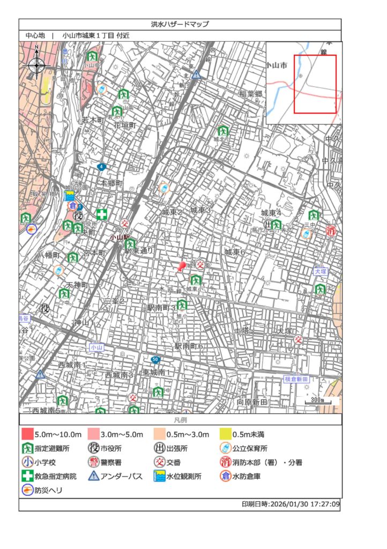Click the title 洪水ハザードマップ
180,24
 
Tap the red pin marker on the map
182,266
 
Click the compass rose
36,65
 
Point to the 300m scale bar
318,401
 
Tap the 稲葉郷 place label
251,93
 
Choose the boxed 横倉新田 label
297,379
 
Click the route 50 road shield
155,359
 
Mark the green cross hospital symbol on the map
102,214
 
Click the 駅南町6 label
188,346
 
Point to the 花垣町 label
125,125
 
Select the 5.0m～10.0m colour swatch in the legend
27,434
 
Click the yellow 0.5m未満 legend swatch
225,434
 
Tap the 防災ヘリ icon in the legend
27,489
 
